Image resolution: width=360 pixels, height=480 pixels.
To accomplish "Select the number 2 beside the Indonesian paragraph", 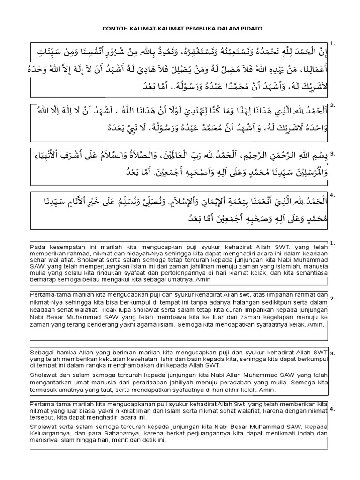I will click(x=332, y=298).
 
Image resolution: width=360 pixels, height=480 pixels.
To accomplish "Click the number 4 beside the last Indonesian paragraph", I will click(x=332, y=409).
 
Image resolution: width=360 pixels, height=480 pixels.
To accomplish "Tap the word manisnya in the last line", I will click(x=44, y=441).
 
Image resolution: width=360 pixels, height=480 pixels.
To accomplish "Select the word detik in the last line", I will click(x=139, y=441).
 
